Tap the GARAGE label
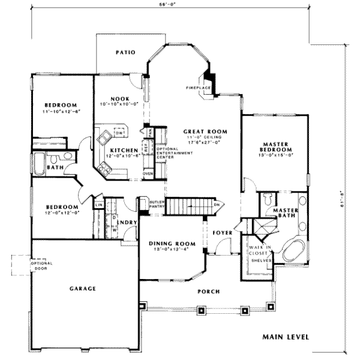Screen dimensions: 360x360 (83, 289)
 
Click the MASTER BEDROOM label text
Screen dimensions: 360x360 (277, 146)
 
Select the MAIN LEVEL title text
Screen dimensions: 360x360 (286, 337)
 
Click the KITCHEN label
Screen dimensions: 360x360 (122, 150)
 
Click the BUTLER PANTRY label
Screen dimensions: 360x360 (157, 206)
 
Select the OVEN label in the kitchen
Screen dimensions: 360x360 (148, 174)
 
